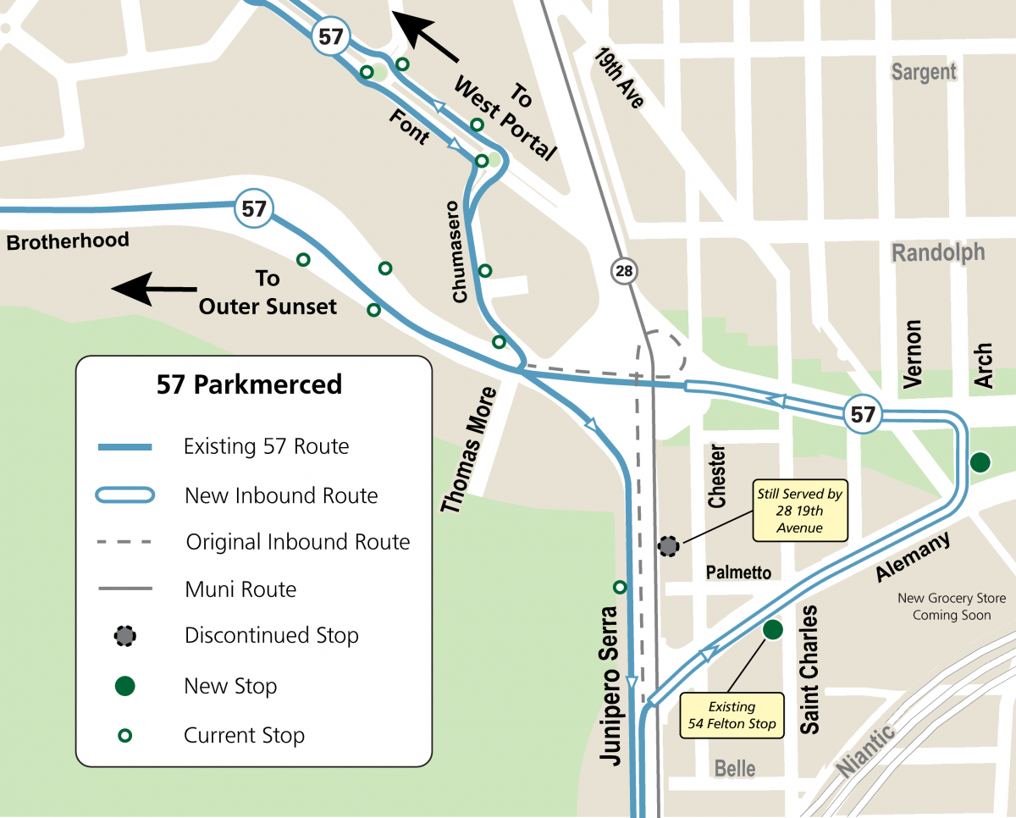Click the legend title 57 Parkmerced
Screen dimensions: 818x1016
click(250, 384)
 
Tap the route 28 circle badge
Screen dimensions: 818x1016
click(624, 271)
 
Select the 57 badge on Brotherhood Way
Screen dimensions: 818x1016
click(253, 208)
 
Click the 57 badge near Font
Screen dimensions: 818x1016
click(330, 36)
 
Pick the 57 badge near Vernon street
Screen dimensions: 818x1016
click(863, 415)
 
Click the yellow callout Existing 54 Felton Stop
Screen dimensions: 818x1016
click(732, 716)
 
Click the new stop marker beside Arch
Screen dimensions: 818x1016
click(980, 462)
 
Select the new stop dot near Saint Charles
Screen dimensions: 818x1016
click(771, 629)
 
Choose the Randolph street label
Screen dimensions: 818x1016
click(938, 252)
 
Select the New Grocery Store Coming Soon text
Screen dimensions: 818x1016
click(952, 606)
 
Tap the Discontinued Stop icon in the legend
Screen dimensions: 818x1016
click(124, 635)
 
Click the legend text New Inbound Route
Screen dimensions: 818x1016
click(281, 495)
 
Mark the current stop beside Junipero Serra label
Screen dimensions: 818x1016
click(620, 587)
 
